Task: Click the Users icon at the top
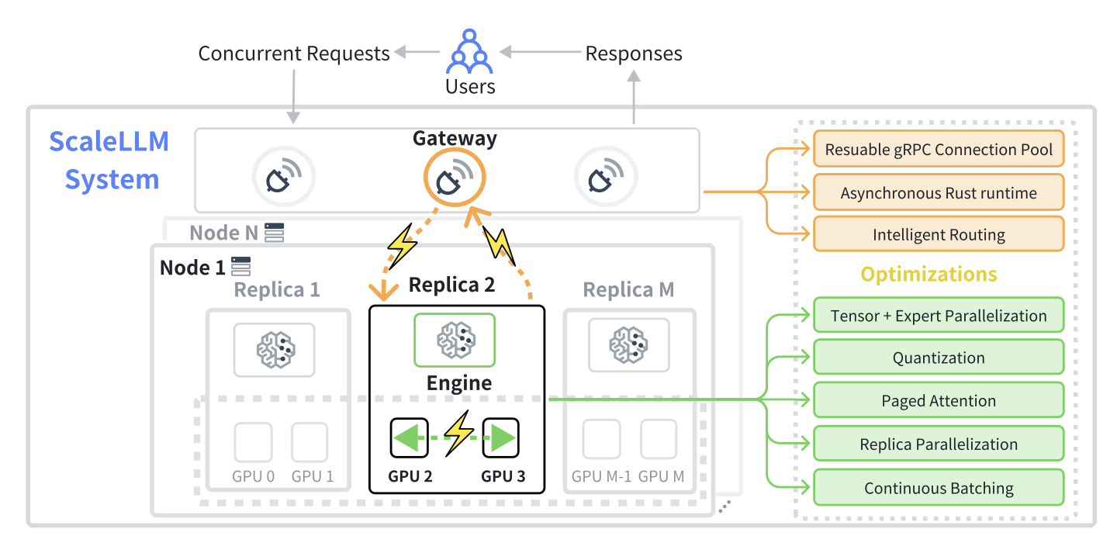coord(470,51)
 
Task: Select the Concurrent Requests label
coord(294,54)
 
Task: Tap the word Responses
coord(634,54)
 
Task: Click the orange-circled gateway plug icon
coord(454,178)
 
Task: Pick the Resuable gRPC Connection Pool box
coord(939,149)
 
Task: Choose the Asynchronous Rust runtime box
coord(939,193)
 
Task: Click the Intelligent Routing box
coord(939,234)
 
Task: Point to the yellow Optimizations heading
coord(929,275)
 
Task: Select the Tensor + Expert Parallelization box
coord(939,316)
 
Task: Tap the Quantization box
coord(939,358)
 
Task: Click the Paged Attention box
coord(939,401)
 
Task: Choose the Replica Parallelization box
coord(939,444)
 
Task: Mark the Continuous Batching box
coord(939,488)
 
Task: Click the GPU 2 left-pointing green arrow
coord(410,438)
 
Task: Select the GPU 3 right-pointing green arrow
coord(500,438)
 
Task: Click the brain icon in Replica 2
coord(455,339)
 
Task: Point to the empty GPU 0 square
coord(254,441)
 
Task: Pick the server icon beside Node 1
coord(241,266)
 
